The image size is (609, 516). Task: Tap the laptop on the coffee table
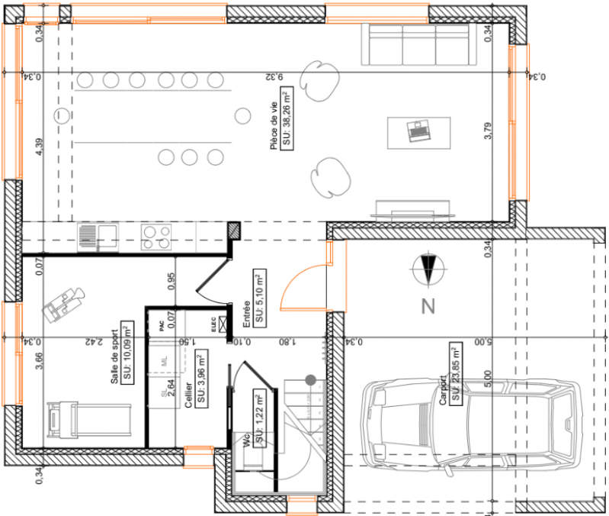tap(417, 131)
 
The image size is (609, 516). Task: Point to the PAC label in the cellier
tap(162, 325)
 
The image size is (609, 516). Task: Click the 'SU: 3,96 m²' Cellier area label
tap(201, 379)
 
